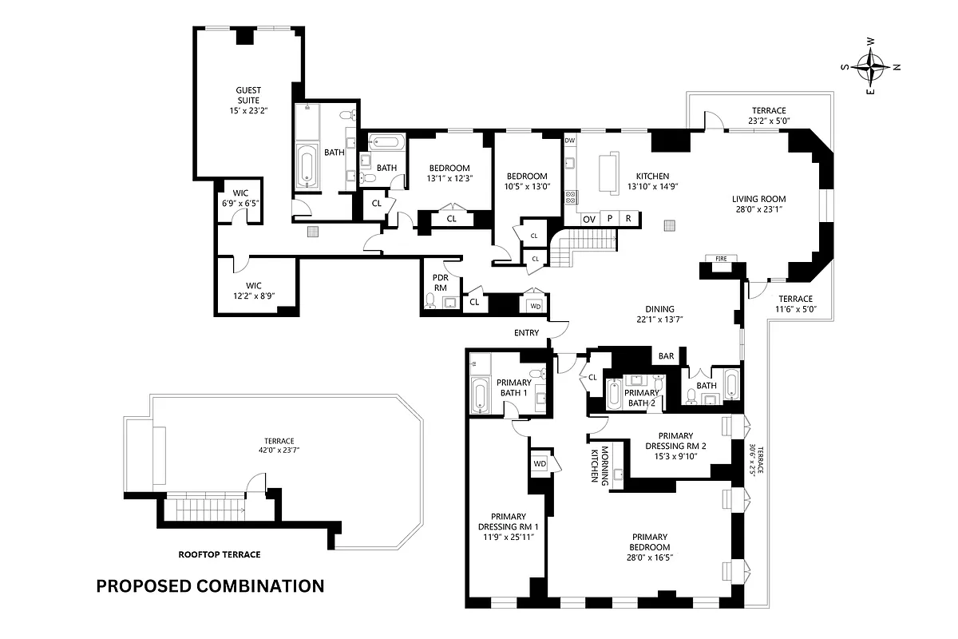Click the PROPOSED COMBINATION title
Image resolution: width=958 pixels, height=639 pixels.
coord(210,585)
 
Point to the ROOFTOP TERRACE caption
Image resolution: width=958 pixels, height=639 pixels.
coord(219,554)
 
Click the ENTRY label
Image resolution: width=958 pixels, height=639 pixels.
coord(527,333)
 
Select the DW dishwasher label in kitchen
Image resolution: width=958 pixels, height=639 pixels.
coord(570,141)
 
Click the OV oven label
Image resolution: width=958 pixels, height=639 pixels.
coord(589,218)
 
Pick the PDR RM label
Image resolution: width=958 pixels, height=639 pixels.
coord(440,283)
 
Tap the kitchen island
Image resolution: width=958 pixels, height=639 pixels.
coord(608,173)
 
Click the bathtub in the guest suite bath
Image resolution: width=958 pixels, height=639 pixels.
coord(307,164)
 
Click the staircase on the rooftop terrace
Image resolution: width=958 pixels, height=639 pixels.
coord(201,508)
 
